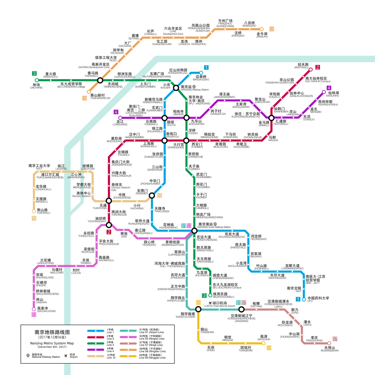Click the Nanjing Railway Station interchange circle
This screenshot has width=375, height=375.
point(176,88)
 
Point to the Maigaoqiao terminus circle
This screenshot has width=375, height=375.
point(201,73)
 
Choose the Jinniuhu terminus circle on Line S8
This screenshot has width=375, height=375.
point(261,29)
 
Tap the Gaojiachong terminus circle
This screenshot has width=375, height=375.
point(34,309)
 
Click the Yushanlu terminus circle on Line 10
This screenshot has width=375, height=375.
point(34,211)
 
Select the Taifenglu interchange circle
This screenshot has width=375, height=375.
point(100,80)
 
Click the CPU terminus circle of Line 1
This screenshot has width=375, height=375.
point(304,299)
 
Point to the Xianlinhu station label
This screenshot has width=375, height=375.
point(333,94)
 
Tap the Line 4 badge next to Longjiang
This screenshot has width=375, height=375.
point(116,112)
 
